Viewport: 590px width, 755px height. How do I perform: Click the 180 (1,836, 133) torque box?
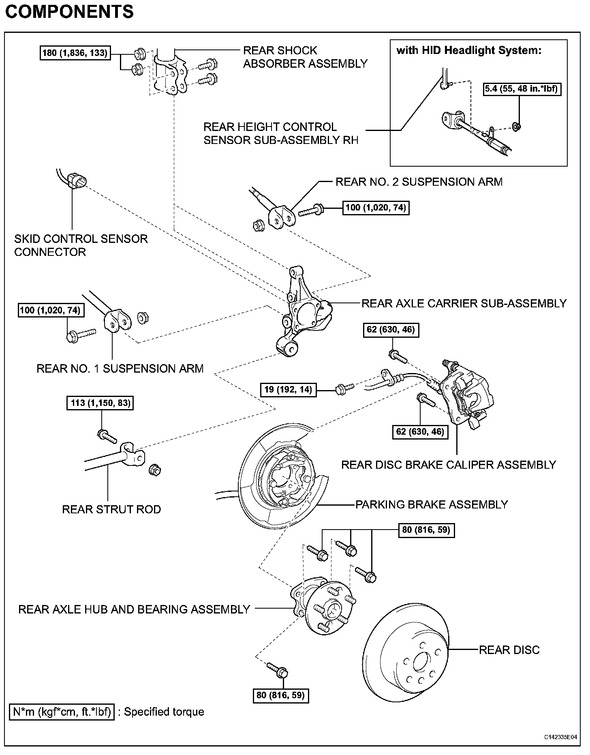[x=75, y=53]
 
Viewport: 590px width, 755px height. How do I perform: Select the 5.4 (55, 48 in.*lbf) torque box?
[x=522, y=89]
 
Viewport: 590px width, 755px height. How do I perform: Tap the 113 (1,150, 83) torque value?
[x=100, y=403]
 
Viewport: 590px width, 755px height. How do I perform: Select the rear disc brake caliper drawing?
[x=466, y=395]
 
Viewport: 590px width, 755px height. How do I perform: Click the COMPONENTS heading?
[x=69, y=12]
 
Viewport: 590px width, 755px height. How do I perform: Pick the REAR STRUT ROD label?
[x=111, y=509]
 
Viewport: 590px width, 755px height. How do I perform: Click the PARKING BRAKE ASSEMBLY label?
[x=432, y=504]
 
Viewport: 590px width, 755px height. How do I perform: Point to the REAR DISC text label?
[x=509, y=650]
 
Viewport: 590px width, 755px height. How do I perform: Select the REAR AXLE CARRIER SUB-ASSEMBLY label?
[x=464, y=303]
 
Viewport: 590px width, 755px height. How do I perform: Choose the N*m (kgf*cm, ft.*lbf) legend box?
[x=62, y=712]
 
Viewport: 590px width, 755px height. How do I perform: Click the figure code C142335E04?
[x=560, y=737]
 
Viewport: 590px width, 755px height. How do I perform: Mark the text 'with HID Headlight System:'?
[x=469, y=51]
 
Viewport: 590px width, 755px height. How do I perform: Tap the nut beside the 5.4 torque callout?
[x=516, y=127]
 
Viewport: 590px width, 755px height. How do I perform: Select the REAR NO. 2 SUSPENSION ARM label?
[x=419, y=182]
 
